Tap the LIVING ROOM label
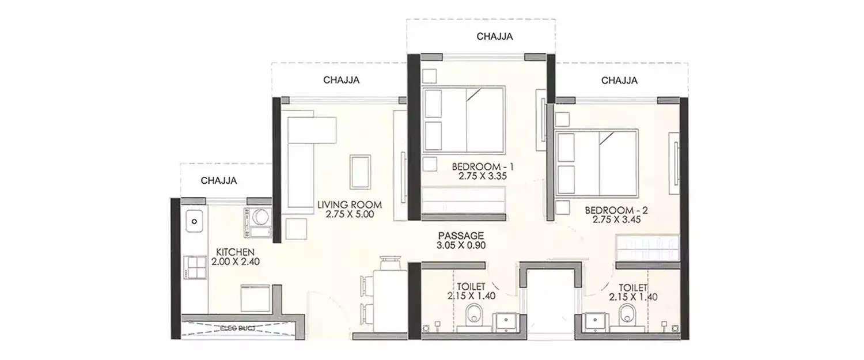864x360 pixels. (x=350, y=204)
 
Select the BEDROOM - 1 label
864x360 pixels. (x=483, y=167)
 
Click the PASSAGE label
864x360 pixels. (x=460, y=236)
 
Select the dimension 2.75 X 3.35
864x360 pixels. (x=483, y=177)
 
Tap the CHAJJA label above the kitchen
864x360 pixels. (x=219, y=180)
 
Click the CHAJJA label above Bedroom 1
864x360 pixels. (x=495, y=36)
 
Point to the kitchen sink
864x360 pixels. (x=194, y=221)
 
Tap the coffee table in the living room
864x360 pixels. (x=361, y=172)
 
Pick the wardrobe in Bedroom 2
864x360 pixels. (x=647, y=248)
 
